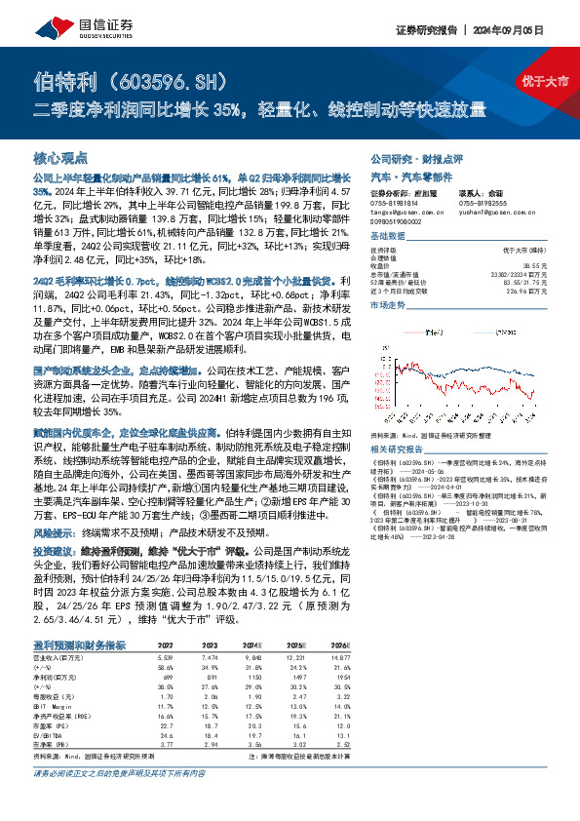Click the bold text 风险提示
[53, 533]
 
